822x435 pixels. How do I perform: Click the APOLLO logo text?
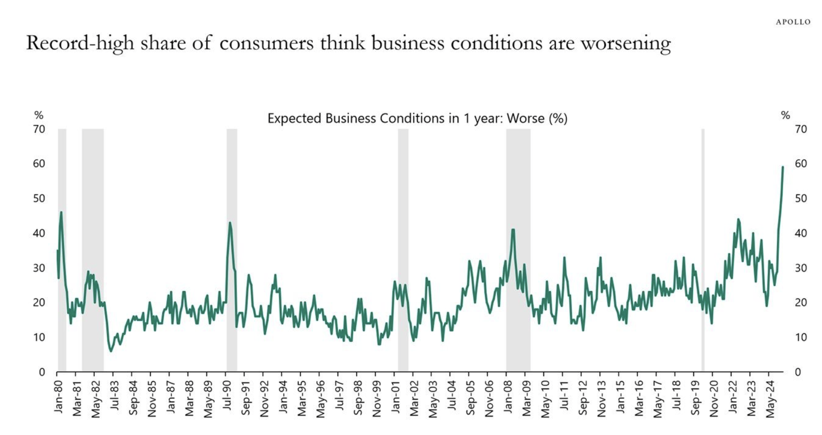[x=793, y=22]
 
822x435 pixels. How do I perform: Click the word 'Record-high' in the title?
[x=80, y=43]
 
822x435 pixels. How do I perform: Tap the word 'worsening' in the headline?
[x=626, y=43]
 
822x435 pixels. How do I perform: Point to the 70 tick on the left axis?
[x=39, y=129]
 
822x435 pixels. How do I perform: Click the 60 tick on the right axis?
[x=800, y=164]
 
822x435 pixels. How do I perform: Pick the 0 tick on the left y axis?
[x=42, y=372]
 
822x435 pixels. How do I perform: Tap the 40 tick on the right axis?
[x=800, y=233]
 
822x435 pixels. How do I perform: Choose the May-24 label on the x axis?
[x=770, y=399]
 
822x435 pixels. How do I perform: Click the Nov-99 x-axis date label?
[x=377, y=399]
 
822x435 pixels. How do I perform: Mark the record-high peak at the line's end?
[x=782, y=167]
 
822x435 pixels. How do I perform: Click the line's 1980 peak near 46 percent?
[x=61, y=212]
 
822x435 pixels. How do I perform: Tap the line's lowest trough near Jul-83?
[x=111, y=351]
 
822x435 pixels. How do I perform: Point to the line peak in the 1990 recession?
[x=230, y=223]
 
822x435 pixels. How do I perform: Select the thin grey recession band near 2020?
[x=703, y=250]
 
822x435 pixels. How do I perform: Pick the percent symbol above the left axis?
[x=39, y=115]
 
